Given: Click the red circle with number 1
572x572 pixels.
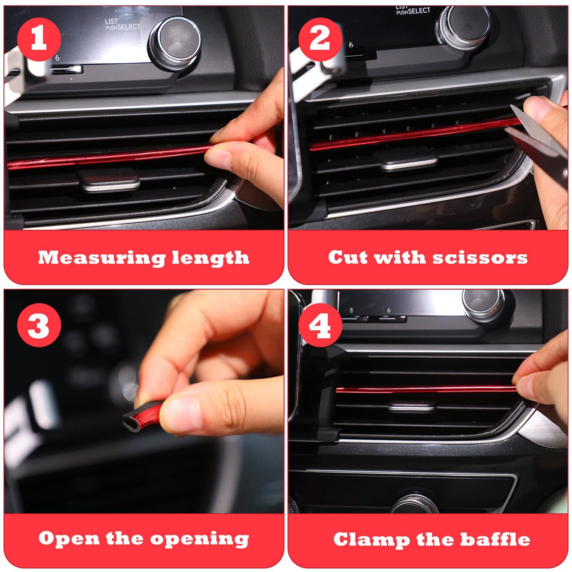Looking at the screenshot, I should [x=39, y=39].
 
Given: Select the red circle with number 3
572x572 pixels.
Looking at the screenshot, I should [x=39, y=325].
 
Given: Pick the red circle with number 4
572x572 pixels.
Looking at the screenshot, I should [x=320, y=325].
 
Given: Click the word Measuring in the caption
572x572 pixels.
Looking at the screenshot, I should [x=101, y=258].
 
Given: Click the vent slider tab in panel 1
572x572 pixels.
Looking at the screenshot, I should [x=108, y=180].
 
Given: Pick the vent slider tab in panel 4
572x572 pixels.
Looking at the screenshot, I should [x=412, y=407].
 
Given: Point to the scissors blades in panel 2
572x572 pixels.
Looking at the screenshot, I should [x=534, y=130].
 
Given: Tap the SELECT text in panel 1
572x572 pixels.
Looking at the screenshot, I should [x=129, y=27].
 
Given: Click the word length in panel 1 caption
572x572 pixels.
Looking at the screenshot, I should [x=210, y=258].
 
